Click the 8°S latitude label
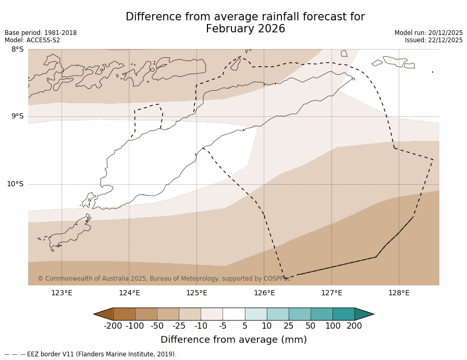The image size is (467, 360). [17, 50]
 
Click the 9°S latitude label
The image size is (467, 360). [17, 116]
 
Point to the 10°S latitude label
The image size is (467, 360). [15, 184]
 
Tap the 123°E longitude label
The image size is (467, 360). [62, 293]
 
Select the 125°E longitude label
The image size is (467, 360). [196, 293]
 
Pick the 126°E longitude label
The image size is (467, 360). [264, 293]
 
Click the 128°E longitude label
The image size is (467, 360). [399, 293]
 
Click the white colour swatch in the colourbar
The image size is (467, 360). [233, 314]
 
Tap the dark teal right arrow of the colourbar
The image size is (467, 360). [364, 314]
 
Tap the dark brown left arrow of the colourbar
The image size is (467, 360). [104, 314]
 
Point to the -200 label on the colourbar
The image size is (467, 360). [113, 326]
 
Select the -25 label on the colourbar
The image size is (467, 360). [179, 326]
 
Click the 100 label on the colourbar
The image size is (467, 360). [333, 326]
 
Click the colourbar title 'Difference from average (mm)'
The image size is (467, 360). [233, 340]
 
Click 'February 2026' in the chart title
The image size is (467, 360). [245, 29]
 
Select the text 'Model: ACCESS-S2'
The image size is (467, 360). [32, 40]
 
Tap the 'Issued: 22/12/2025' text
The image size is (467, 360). [434, 40]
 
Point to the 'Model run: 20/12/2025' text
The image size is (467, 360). [428, 33]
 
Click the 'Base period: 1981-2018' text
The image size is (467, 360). [41, 33]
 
